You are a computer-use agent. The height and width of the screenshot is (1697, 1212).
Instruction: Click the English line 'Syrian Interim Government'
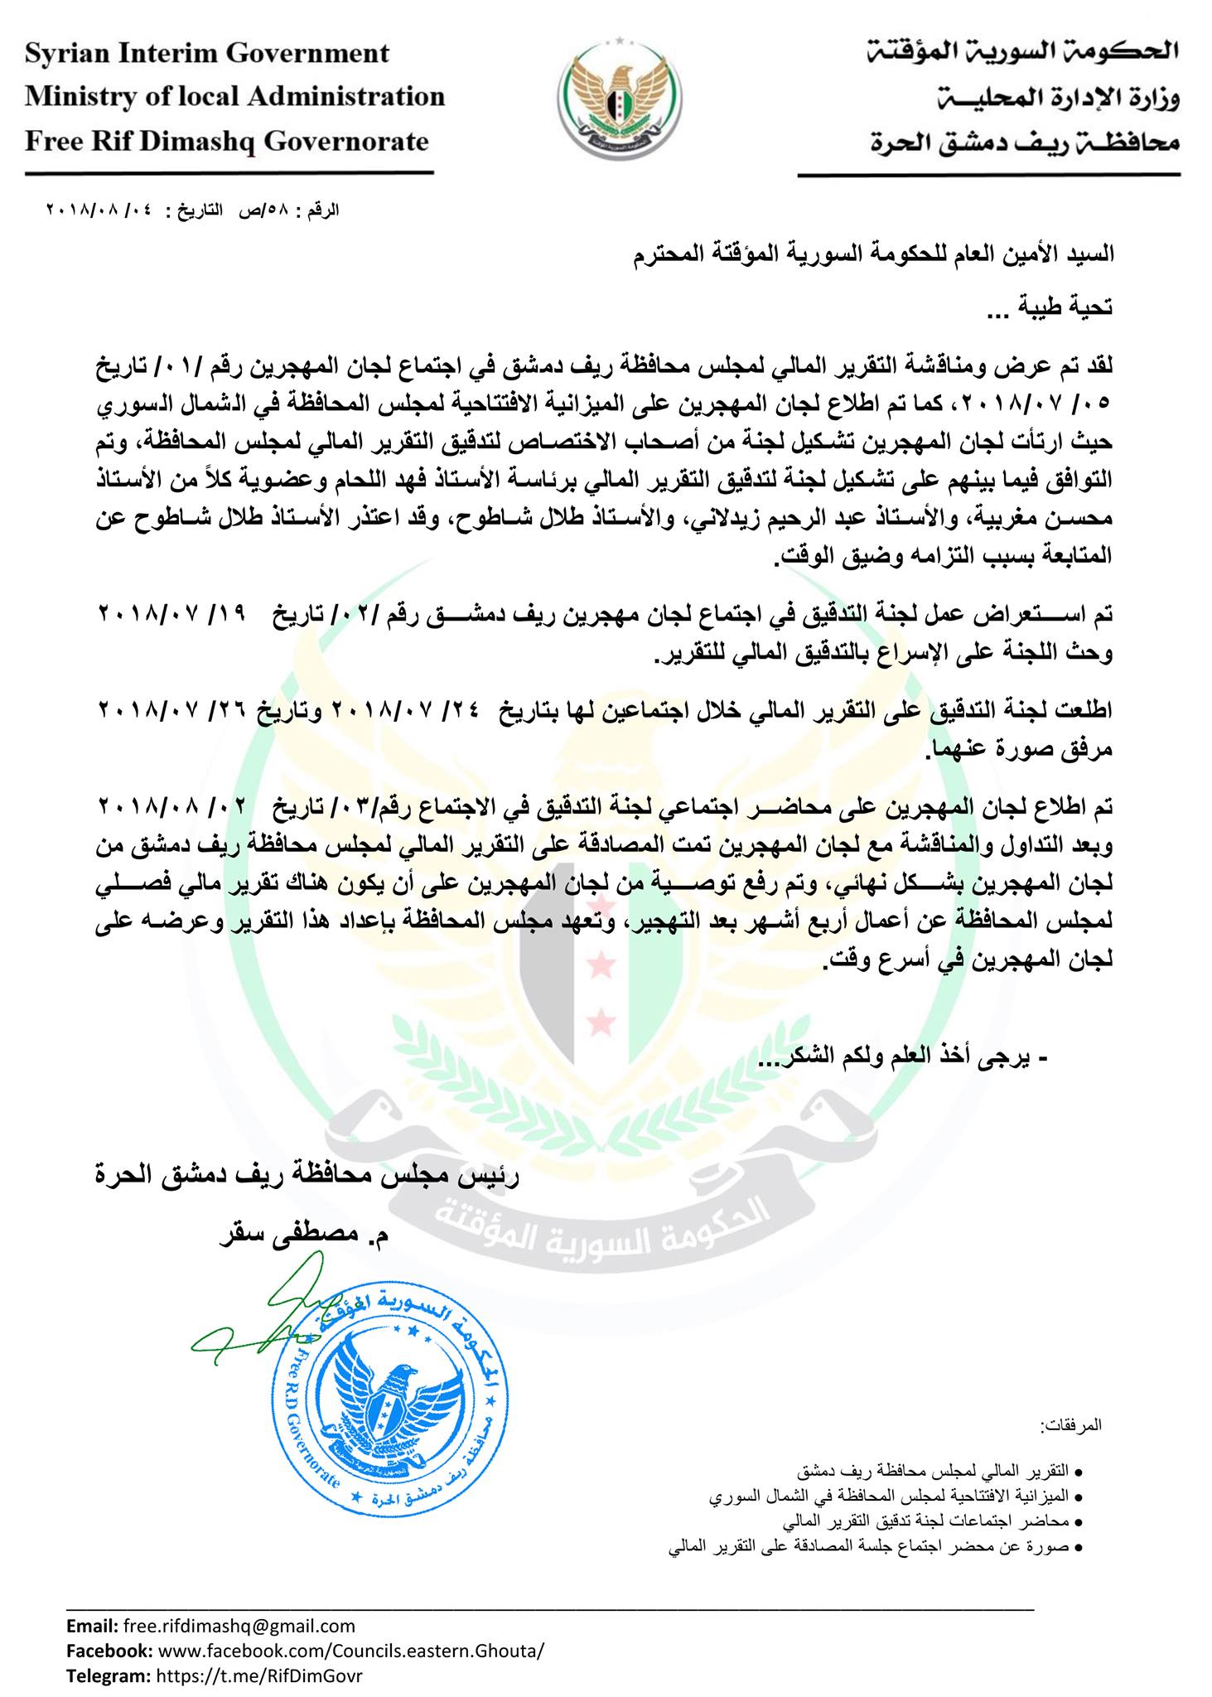[207, 54]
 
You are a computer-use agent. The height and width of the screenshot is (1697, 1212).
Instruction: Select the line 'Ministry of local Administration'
[234, 97]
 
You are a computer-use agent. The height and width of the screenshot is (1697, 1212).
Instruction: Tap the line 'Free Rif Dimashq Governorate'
[226, 141]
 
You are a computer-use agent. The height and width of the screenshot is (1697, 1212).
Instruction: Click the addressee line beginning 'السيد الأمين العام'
[870, 254]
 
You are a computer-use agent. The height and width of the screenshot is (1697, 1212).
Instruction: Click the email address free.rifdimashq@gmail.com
[239, 1626]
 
